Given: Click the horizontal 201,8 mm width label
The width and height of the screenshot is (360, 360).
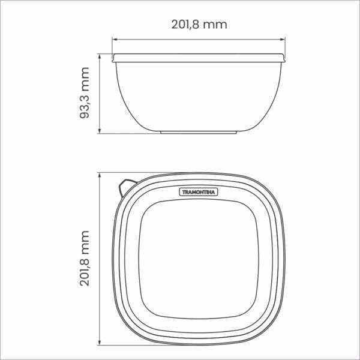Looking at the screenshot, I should click(199, 25).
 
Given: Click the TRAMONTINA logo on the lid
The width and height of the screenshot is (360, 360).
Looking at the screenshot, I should click(199, 191).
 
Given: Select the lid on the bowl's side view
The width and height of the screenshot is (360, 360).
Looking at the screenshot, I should click(199, 58).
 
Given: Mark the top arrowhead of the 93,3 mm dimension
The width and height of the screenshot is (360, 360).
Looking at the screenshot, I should click(100, 55).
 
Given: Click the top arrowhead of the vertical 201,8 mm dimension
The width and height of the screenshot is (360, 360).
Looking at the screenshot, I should click(100, 175).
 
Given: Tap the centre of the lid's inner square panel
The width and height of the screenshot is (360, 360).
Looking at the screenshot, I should click(199, 258).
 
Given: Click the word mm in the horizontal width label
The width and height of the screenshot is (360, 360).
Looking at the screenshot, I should click(215, 25).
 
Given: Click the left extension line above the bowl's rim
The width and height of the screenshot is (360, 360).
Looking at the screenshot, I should click(112, 46).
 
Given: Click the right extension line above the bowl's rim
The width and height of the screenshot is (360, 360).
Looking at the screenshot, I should click(285, 46).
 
